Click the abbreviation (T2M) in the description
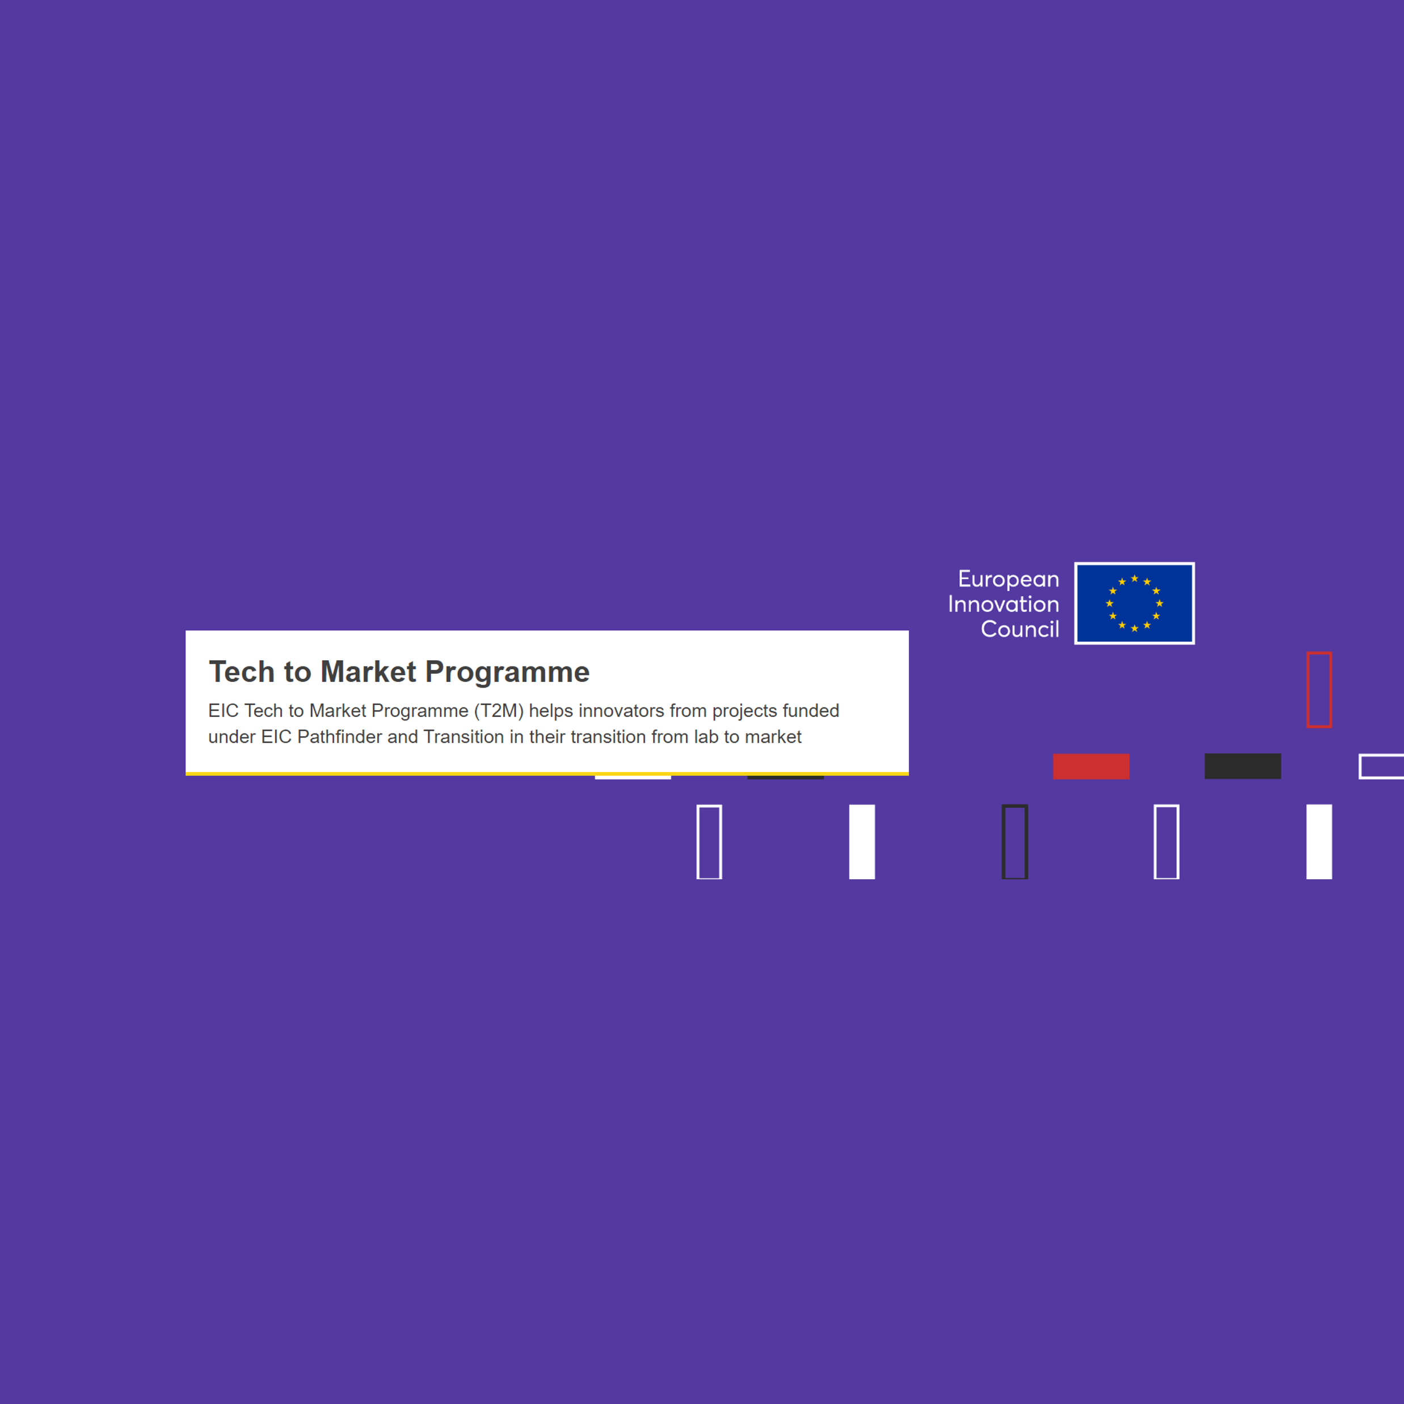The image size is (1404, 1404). click(x=499, y=711)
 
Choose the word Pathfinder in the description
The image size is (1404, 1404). click(x=339, y=737)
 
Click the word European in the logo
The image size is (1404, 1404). click(x=1008, y=579)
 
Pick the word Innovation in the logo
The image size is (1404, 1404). click(x=1004, y=604)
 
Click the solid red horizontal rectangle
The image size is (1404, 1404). click(x=1091, y=766)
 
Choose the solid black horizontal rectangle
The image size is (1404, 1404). click(x=1243, y=766)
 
